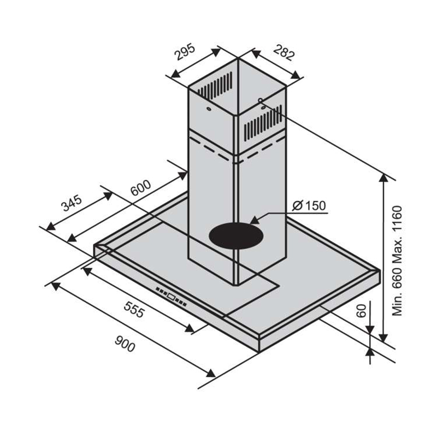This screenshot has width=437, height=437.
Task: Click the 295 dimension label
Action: (x=185, y=52)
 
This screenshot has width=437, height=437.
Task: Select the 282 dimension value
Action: (x=284, y=52)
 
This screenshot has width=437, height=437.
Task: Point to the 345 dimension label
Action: (x=72, y=203)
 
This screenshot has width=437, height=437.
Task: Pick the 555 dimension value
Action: (x=134, y=309)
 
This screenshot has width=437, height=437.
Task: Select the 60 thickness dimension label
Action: (x=362, y=311)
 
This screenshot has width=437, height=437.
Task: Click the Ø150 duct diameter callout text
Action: (x=309, y=206)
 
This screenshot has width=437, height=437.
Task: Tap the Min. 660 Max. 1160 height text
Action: (x=398, y=261)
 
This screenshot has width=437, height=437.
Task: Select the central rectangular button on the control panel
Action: (x=172, y=297)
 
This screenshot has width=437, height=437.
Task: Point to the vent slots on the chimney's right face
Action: (x=263, y=122)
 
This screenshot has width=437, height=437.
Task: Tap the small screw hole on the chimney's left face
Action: (x=208, y=109)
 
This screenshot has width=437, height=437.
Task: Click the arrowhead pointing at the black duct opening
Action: (x=255, y=221)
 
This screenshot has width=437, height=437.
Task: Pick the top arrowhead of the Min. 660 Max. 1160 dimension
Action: (x=384, y=178)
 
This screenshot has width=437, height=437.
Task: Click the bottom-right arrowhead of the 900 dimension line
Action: (x=210, y=373)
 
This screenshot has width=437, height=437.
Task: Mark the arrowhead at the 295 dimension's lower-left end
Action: (x=175, y=74)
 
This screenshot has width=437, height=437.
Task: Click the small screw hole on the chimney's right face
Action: (x=261, y=100)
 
